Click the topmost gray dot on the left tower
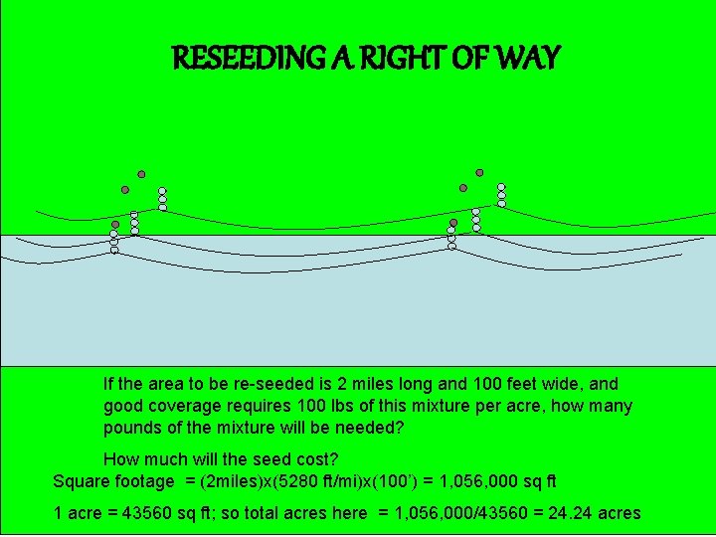click(141, 173)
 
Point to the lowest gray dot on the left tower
click(115, 225)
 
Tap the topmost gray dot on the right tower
click(479, 172)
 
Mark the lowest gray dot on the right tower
click(453, 223)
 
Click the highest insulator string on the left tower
click(162, 199)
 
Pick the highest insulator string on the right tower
click(501, 195)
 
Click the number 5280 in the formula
click(300, 481)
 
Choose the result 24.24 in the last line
click(565, 513)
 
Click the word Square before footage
click(83, 481)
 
